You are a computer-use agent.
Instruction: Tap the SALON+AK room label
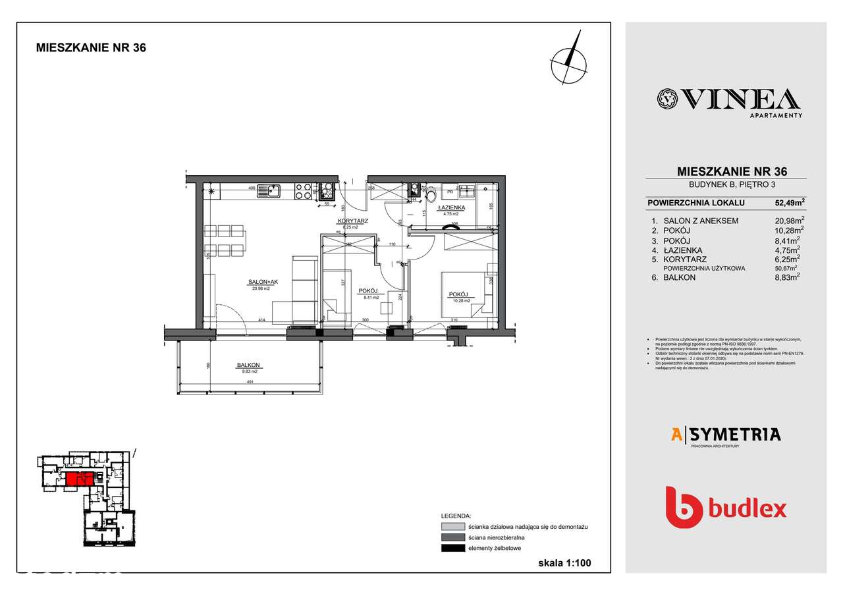pos(263,282)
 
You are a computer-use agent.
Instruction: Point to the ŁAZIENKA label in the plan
pos(451,207)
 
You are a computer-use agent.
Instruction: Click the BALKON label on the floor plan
pos(250,366)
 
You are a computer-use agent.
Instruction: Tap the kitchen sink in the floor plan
pos(270,192)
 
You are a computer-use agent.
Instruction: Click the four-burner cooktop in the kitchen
pos(303,191)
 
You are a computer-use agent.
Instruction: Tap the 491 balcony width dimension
pos(250,381)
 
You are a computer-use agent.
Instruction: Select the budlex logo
pos(725,507)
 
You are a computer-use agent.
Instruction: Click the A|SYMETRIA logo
pos(725,435)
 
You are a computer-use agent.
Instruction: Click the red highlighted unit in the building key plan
pos(77,479)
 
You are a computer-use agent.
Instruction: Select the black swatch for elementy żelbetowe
pos(452,548)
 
